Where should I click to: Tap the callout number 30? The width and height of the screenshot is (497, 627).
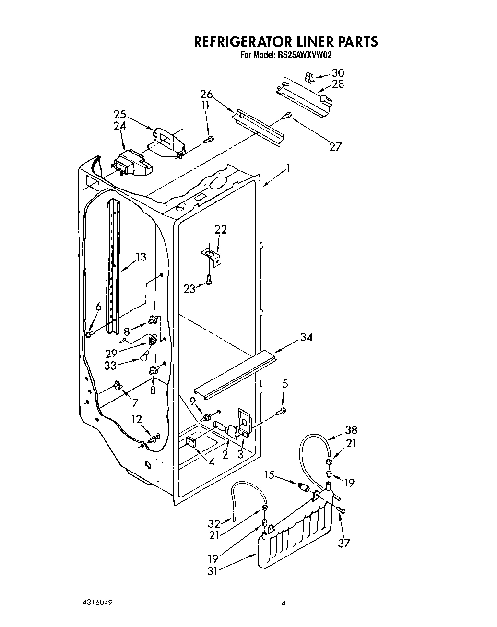tap(338, 73)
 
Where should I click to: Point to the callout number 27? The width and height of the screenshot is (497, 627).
tap(334, 146)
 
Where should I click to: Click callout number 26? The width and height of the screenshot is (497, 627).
tap(206, 94)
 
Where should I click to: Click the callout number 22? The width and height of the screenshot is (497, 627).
tap(220, 230)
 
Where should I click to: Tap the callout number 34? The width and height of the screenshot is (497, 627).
tap(306, 338)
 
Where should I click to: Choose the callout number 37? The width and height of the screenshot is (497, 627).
tap(343, 543)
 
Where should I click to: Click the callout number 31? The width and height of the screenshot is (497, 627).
tap(212, 571)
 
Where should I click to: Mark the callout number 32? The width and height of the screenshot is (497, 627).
tap(213, 523)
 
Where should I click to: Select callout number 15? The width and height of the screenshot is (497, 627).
tap(270, 475)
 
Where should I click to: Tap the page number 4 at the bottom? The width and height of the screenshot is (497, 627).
tap(283, 603)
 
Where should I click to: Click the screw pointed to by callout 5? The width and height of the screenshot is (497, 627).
tap(282, 411)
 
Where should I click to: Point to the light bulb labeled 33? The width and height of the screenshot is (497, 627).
tap(144, 355)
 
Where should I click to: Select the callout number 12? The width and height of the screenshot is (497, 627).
tap(137, 419)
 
